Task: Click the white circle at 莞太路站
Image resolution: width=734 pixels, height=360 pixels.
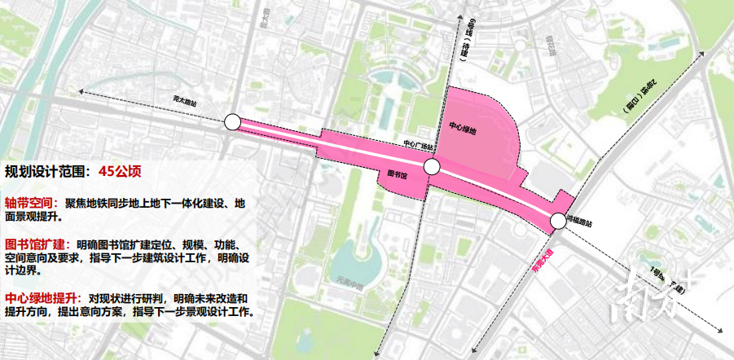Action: pos(232,123)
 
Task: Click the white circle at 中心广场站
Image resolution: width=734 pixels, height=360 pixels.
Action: pos(432,168)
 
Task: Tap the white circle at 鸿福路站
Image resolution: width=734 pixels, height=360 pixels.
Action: pos(557,220)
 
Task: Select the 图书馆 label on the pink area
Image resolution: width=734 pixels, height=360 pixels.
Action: pos(397,173)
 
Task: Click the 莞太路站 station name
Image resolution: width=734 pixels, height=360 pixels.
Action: pos(186,102)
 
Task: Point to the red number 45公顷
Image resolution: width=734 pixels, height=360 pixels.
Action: pos(121,172)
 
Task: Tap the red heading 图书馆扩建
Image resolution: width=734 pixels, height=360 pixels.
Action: pos(37,244)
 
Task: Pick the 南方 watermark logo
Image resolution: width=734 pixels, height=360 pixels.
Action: pos(660,294)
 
